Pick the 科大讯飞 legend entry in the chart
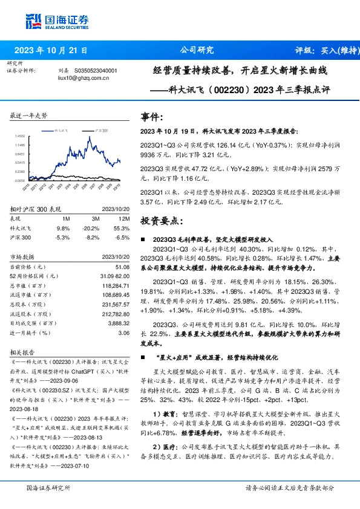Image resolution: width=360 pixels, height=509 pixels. point(64,130)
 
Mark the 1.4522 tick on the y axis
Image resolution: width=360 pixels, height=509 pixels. point(21,136)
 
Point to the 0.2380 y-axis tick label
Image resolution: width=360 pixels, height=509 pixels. point(21,171)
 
